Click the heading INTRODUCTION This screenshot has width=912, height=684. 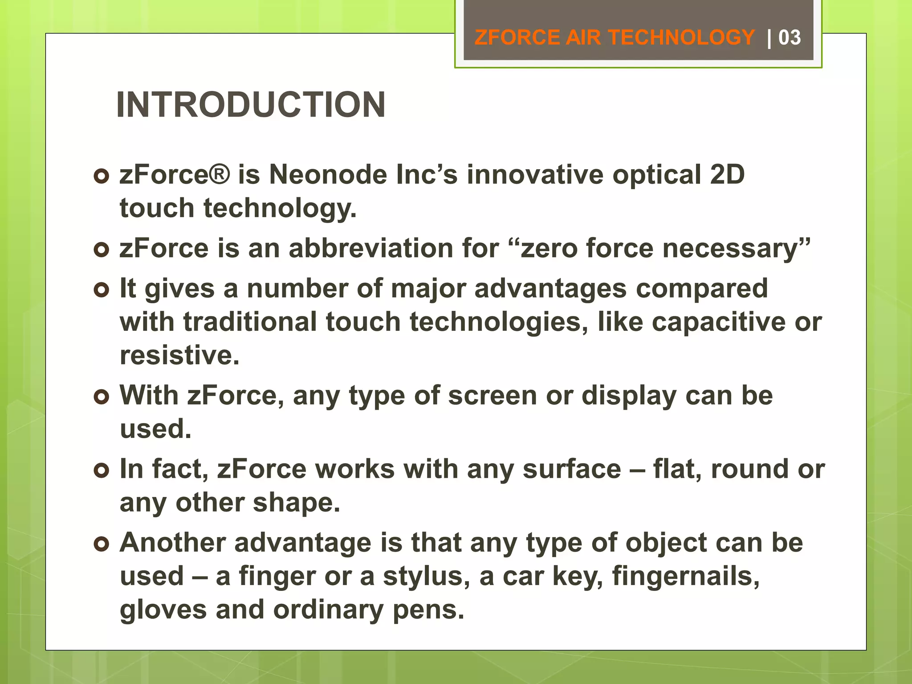(x=251, y=105)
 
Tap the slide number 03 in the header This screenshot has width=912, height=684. (x=789, y=37)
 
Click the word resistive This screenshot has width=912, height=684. (x=179, y=355)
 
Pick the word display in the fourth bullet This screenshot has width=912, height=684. (x=629, y=395)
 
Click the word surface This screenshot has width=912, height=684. (x=572, y=469)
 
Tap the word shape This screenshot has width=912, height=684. (x=296, y=503)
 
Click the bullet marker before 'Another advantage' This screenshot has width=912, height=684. (x=102, y=544)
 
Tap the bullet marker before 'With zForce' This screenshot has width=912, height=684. (x=102, y=397)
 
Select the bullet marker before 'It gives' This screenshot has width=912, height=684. (x=102, y=290)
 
